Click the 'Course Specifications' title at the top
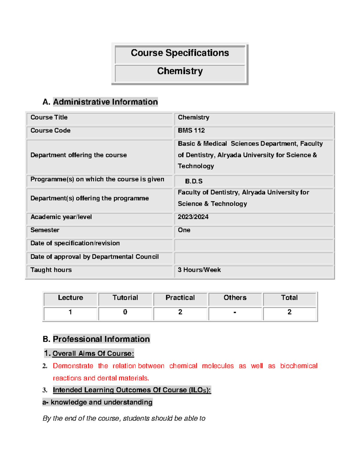tap(180, 53)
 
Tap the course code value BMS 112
tap(191, 131)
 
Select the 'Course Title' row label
tap(49, 117)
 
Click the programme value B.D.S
tap(193, 181)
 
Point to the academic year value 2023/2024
tap(193, 217)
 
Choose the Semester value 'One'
tap(184, 230)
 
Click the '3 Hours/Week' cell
tap(199, 270)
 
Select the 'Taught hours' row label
tap(51, 270)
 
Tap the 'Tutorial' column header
tap(125, 298)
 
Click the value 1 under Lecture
tap(70, 312)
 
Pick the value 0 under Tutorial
tap(125, 312)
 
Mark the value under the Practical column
tap(180, 312)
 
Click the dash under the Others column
tap(235, 312)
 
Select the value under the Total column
tap(289, 312)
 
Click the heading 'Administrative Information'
tap(105, 102)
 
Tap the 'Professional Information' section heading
tap(101, 339)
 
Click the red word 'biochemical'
tap(298, 366)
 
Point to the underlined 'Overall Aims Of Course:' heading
tap(93, 353)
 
